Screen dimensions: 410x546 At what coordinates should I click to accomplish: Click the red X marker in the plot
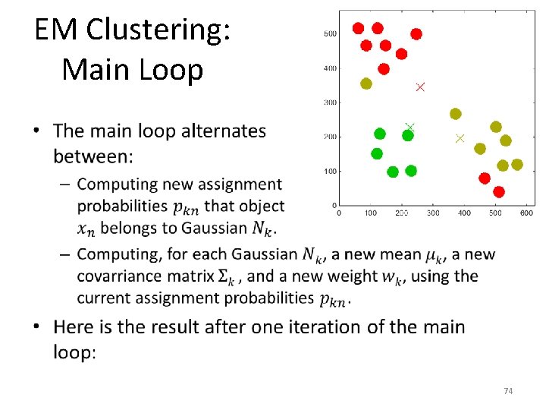pos(420,87)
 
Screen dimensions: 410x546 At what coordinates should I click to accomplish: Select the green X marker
pos(409,128)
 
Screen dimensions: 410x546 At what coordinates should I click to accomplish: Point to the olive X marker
pos(460,138)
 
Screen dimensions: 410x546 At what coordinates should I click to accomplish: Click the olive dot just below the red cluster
pos(366,84)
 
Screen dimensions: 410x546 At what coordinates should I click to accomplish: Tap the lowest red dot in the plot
pos(498,192)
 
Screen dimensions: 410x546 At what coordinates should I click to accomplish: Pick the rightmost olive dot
pos(517,164)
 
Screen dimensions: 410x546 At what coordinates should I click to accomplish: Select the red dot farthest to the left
pos(359,28)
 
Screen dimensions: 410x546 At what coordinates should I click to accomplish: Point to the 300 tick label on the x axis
pos(433,213)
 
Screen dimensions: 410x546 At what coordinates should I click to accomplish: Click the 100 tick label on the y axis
pos(330,171)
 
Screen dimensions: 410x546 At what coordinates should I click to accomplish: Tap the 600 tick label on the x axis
pos(526,213)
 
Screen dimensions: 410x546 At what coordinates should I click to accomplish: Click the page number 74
pos(508,391)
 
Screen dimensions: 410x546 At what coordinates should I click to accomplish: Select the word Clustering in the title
pos(161,30)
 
